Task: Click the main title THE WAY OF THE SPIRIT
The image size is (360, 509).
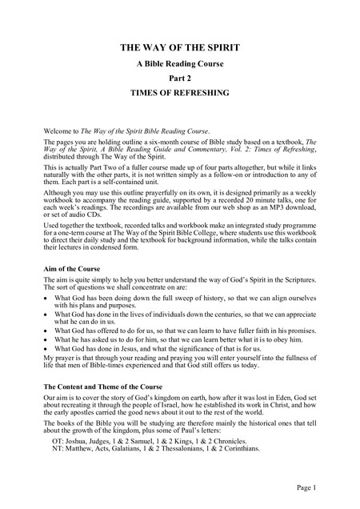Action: click(x=180, y=49)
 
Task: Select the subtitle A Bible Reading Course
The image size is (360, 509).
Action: click(x=180, y=65)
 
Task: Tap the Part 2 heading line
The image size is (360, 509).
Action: click(x=180, y=80)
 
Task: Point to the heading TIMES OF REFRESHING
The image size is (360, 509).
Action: click(x=180, y=95)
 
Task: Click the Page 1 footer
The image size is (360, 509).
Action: click(x=327, y=488)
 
